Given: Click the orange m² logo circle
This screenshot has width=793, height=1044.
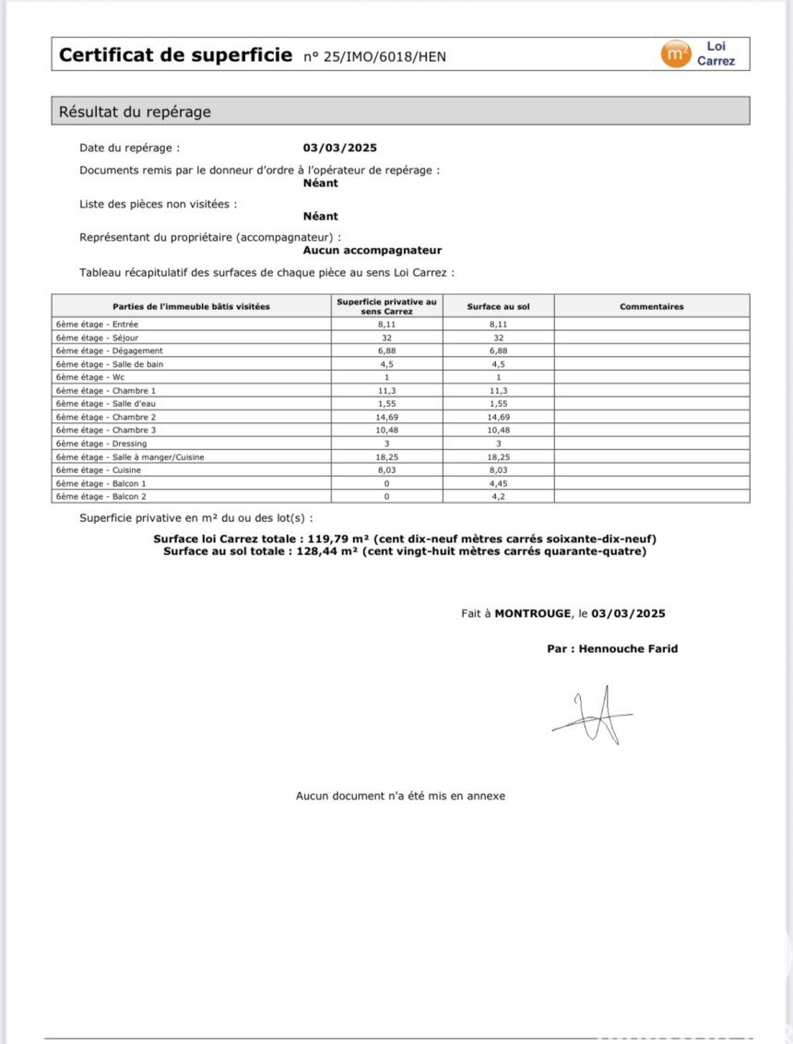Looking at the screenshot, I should pyautogui.click(x=676, y=54).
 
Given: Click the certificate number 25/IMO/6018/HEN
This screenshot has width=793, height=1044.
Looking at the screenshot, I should pyautogui.click(x=375, y=57).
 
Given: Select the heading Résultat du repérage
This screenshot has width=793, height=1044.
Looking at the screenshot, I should pyautogui.click(x=136, y=112).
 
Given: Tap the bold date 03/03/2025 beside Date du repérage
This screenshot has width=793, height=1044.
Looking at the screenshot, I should pyautogui.click(x=339, y=148).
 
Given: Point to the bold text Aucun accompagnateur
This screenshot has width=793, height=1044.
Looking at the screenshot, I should pyautogui.click(x=373, y=250).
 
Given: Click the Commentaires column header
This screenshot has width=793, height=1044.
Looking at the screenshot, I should pyautogui.click(x=651, y=306).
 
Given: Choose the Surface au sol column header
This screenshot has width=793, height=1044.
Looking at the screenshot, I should pyautogui.click(x=498, y=306).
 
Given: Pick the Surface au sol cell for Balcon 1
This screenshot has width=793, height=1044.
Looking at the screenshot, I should pyautogui.click(x=498, y=483).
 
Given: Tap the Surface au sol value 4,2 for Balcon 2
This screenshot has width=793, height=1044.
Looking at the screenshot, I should pyautogui.click(x=498, y=496).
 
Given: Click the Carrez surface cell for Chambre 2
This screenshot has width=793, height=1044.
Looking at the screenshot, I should pyautogui.click(x=387, y=417).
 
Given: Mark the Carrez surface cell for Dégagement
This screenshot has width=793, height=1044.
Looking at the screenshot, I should pyautogui.click(x=387, y=350).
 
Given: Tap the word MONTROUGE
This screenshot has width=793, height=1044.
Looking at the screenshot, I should pyautogui.click(x=533, y=613).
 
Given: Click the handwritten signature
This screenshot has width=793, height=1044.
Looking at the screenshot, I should pyautogui.click(x=595, y=716).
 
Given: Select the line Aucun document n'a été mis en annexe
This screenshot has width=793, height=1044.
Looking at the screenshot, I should pyautogui.click(x=400, y=795).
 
